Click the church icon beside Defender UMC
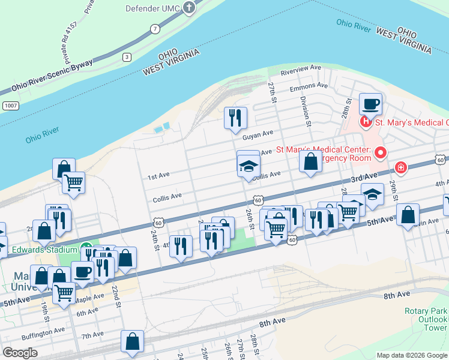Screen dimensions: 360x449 tap(190, 8)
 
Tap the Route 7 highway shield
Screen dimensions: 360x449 tap(155, 29)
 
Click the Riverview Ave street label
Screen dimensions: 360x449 tap(306, 70)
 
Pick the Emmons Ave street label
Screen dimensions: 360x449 tap(309, 86)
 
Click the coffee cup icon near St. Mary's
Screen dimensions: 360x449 tap(370, 104)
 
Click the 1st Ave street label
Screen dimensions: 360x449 tap(158, 176)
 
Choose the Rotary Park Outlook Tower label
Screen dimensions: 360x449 tap(426, 319)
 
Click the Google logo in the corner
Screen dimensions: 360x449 tap(20, 352)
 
